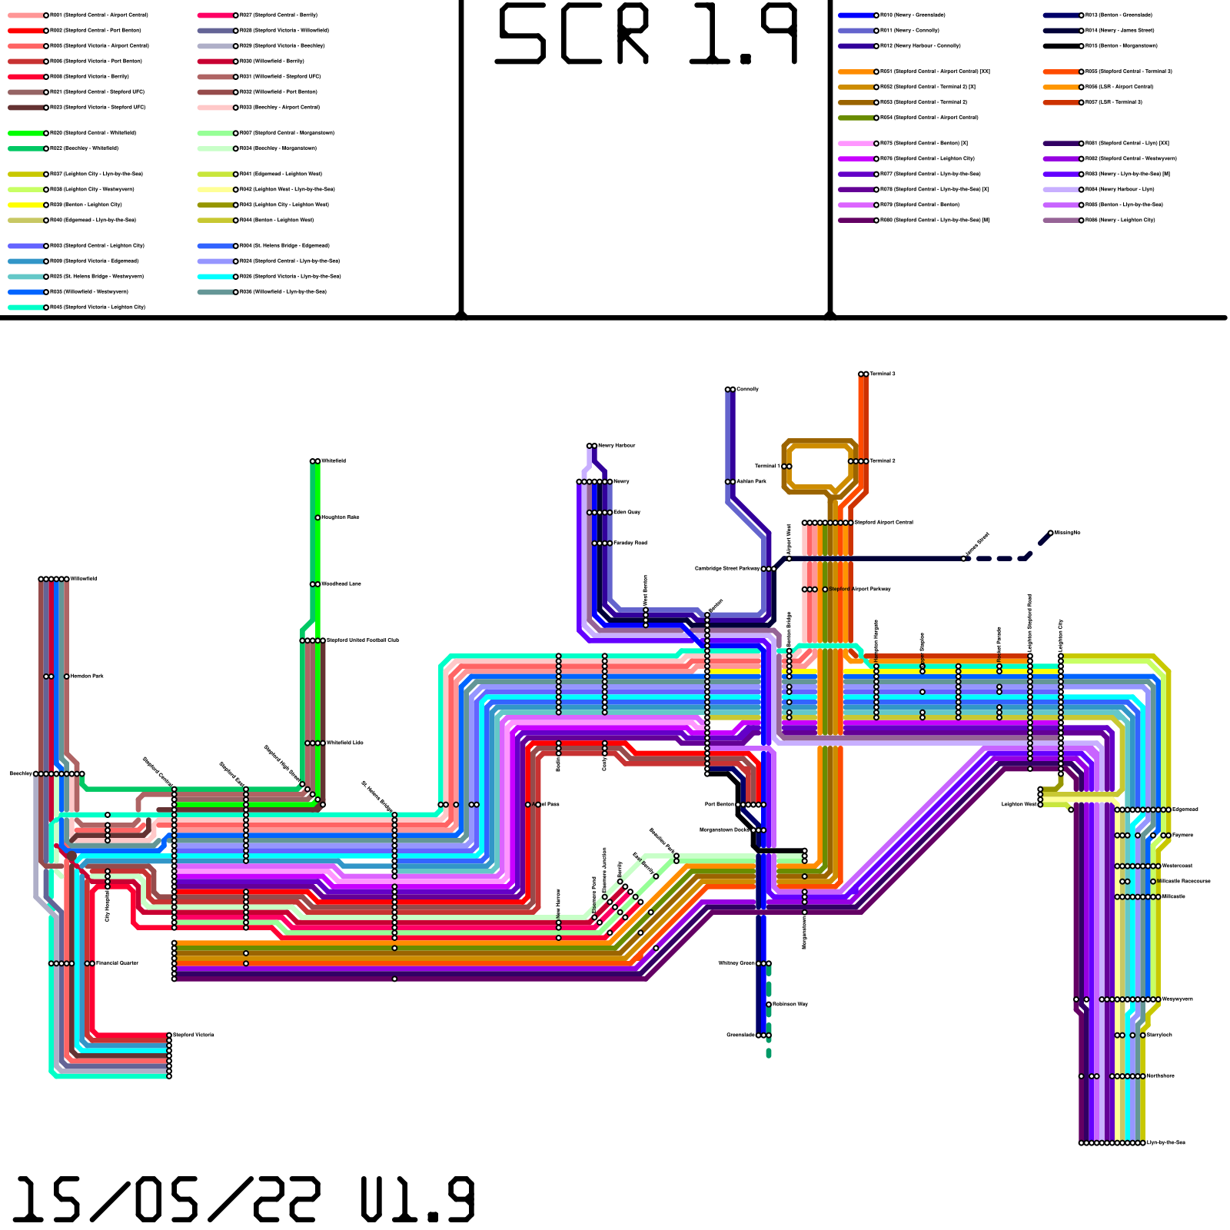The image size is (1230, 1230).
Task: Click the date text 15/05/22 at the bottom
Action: [165, 1200]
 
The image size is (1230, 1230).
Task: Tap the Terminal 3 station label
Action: [883, 374]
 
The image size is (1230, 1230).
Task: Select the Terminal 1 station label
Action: [766, 467]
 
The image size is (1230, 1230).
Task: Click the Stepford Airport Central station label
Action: [884, 523]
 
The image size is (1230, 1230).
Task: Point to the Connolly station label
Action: [747, 390]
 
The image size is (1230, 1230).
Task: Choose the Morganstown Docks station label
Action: [724, 830]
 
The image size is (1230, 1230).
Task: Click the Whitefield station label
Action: [334, 461]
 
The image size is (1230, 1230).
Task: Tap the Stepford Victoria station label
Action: [194, 1036]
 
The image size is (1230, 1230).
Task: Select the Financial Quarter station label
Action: [117, 963]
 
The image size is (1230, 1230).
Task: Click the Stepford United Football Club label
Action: [363, 640]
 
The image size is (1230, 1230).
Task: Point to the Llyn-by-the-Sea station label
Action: [1166, 1143]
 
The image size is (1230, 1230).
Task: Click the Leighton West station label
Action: [1019, 805]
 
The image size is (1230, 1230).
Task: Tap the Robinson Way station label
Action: [790, 1005]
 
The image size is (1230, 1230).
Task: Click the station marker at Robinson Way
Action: [769, 1005]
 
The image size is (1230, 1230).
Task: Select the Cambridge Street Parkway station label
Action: [727, 569]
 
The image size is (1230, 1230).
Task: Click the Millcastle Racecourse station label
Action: [1185, 882]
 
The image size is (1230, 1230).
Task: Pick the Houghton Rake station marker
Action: [317, 518]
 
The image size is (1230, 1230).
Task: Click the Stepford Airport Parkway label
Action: [859, 590]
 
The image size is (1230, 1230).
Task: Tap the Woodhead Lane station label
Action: [341, 584]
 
